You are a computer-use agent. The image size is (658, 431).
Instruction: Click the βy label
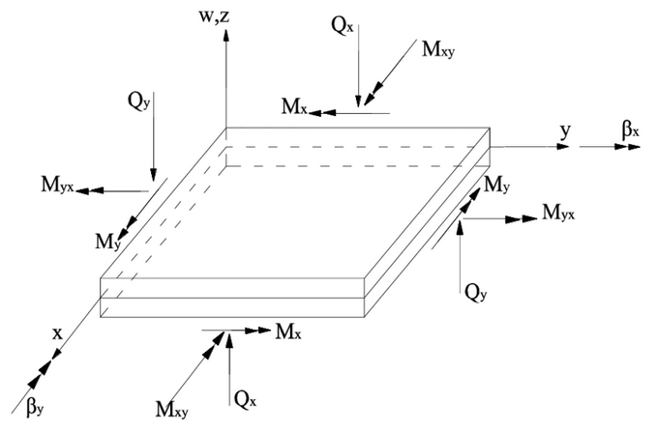coord(36,410)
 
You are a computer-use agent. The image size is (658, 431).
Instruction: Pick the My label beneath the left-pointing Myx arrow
coord(108,239)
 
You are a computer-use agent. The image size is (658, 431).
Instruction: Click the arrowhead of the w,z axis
coord(225,35)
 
